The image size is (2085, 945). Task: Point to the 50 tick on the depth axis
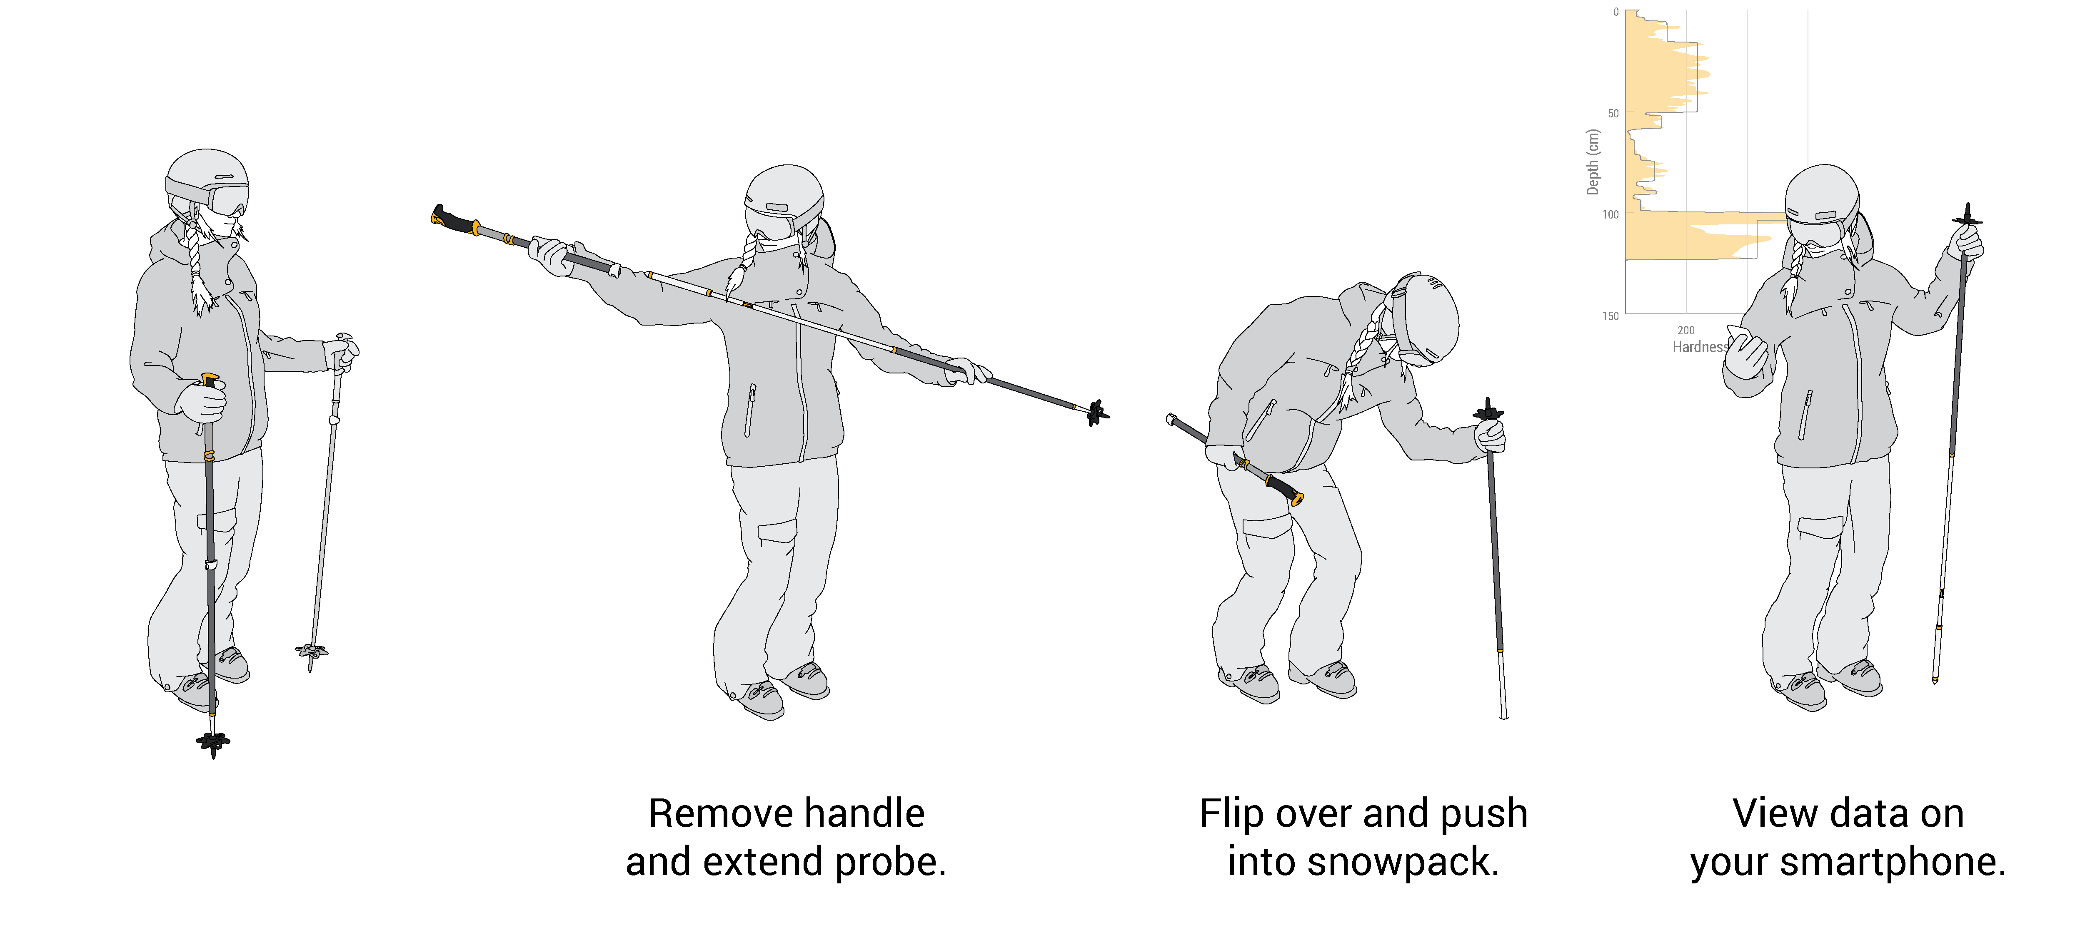point(1613,113)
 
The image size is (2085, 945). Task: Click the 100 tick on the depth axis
point(1611,214)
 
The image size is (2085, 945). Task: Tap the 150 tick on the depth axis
point(1611,316)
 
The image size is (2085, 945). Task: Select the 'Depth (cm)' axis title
point(1593,162)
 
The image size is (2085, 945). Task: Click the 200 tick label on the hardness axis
point(1686,330)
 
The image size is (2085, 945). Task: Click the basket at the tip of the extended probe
point(1097,413)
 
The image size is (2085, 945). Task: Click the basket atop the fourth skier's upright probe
point(1967,219)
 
